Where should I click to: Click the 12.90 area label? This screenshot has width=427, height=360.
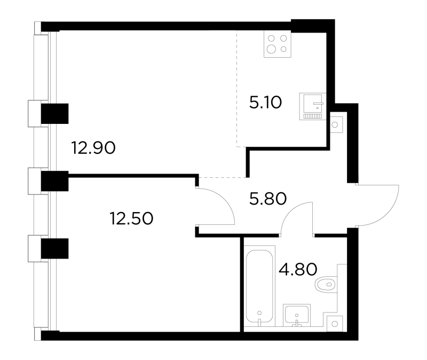click(93, 148)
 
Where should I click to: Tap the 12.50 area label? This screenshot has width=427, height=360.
click(131, 218)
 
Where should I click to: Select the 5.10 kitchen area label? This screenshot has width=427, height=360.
click(265, 103)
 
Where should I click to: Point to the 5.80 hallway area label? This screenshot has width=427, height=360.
click(268, 199)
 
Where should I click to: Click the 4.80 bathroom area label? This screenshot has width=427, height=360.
click(298, 269)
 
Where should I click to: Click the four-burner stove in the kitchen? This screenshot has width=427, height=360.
click(278, 44)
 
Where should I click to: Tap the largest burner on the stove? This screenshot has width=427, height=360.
click(272, 49)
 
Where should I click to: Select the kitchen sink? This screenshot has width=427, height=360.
click(313, 106)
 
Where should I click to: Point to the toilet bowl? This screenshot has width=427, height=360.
click(326, 285)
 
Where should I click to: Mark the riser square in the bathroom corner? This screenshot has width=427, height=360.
click(335, 324)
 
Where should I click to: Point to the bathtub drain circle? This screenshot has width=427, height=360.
click(259, 313)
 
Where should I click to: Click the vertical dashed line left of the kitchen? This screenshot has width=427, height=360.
click(236, 89)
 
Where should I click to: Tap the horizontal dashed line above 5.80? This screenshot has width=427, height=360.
click(223, 177)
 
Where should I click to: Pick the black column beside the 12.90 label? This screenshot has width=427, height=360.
click(54, 114)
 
